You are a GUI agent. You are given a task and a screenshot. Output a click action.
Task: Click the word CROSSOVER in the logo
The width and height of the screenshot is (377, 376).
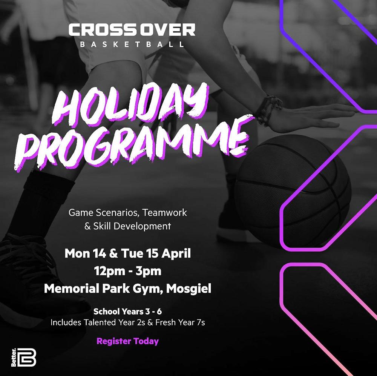[132, 30]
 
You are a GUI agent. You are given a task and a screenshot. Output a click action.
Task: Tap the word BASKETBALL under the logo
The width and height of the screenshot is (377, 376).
[132, 45]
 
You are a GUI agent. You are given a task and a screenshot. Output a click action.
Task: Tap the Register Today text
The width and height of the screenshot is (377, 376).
[127, 341]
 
